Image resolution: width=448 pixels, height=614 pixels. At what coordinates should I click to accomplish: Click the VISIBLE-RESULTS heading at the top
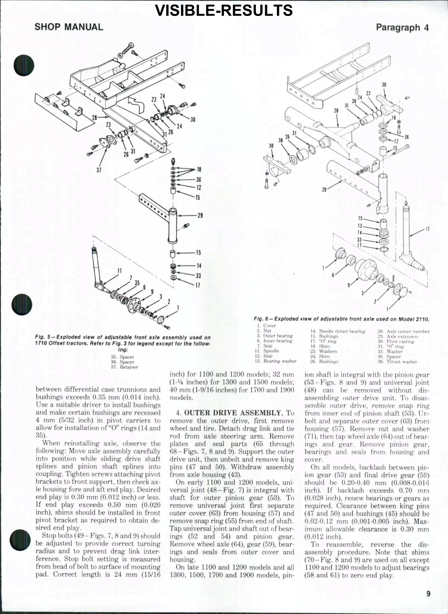[x=224, y=10]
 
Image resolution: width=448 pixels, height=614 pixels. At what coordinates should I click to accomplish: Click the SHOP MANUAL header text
[x=69, y=27]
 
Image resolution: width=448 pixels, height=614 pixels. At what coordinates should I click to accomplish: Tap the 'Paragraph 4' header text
[x=402, y=27]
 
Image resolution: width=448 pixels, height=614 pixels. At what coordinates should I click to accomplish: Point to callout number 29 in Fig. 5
[x=200, y=216]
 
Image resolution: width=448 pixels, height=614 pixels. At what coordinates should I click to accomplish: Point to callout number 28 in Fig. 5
[x=94, y=118]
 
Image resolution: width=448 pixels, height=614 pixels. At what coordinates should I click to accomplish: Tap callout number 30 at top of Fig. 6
[x=384, y=85]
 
